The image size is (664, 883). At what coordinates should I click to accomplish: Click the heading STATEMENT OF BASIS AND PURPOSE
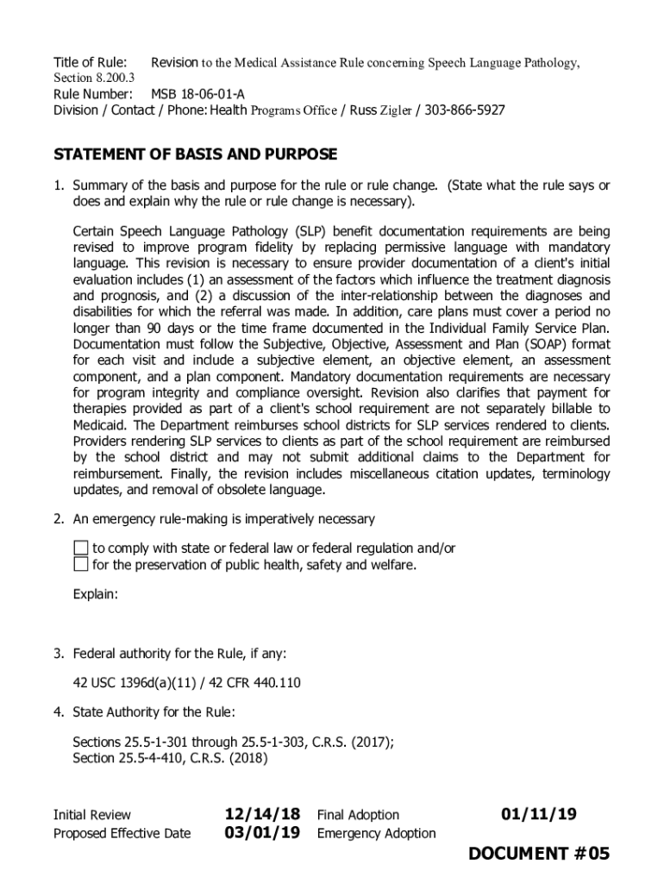[196, 155]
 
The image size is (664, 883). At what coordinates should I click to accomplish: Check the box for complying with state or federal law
[80, 548]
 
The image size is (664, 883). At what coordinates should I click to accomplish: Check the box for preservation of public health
[80, 565]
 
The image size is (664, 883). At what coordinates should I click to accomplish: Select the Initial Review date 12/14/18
[262, 814]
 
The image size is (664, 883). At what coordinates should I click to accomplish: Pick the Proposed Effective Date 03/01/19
[262, 833]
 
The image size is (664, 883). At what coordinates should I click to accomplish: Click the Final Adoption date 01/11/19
[539, 814]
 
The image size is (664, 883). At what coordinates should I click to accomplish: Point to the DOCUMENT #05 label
[539, 854]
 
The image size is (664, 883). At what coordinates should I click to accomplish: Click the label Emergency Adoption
[376, 834]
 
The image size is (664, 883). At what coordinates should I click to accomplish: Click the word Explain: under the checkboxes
[95, 595]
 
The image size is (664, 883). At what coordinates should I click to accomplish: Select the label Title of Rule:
[91, 62]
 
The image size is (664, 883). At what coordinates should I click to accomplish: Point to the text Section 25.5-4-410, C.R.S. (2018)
[171, 759]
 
